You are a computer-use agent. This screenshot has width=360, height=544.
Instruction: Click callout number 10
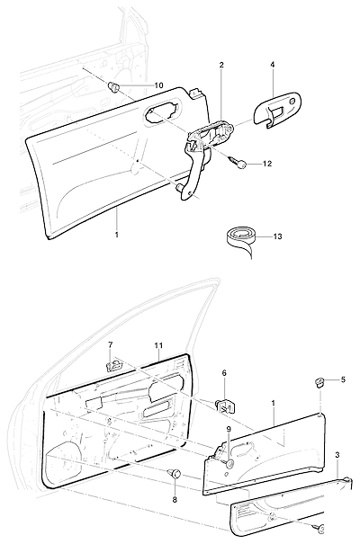(x=158, y=85)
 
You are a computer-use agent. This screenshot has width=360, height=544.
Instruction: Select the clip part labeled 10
(x=114, y=87)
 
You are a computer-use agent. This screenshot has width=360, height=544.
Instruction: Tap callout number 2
(x=221, y=65)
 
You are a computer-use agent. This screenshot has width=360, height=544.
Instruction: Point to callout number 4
(x=273, y=65)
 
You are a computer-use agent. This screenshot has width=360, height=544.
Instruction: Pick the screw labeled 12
(x=238, y=163)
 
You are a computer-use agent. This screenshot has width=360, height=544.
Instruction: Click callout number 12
(x=267, y=164)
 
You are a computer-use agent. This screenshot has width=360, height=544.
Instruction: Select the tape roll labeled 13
(x=238, y=240)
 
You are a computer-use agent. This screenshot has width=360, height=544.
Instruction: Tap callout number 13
(x=278, y=236)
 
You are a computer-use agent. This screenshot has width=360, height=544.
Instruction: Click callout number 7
(x=111, y=345)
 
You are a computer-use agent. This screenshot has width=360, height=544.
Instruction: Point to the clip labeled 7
(x=112, y=366)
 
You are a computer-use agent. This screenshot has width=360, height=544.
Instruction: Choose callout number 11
(x=158, y=345)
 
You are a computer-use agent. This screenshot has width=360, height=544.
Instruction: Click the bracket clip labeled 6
(x=225, y=406)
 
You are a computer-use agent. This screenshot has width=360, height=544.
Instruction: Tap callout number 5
(x=343, y=379)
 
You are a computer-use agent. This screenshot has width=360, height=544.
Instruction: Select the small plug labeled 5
(x=319, y=382)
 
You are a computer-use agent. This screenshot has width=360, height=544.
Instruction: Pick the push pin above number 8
(x=175, y=473)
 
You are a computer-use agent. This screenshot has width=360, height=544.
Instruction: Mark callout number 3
(x=337, y=454)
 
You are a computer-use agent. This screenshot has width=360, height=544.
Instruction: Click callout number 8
(x=175, y=500)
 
